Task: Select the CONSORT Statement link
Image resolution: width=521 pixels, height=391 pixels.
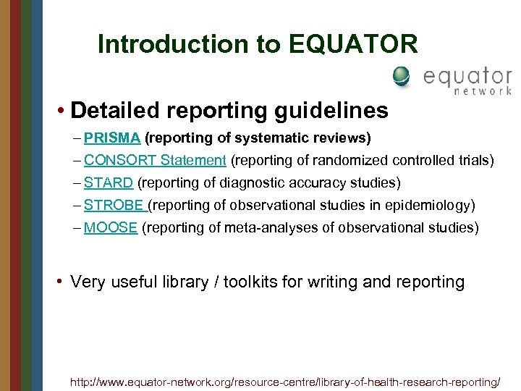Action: (155, 160)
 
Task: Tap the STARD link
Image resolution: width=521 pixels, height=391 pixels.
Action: (109, 182)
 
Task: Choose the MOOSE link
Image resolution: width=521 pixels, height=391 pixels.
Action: (111, 227)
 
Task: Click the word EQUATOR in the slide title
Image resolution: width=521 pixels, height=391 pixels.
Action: (353, 45)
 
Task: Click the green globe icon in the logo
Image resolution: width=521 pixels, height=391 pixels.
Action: (401, 76)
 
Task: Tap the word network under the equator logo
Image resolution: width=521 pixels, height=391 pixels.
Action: (483, 91)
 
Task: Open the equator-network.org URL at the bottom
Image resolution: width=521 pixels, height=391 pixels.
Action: (285, 381)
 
